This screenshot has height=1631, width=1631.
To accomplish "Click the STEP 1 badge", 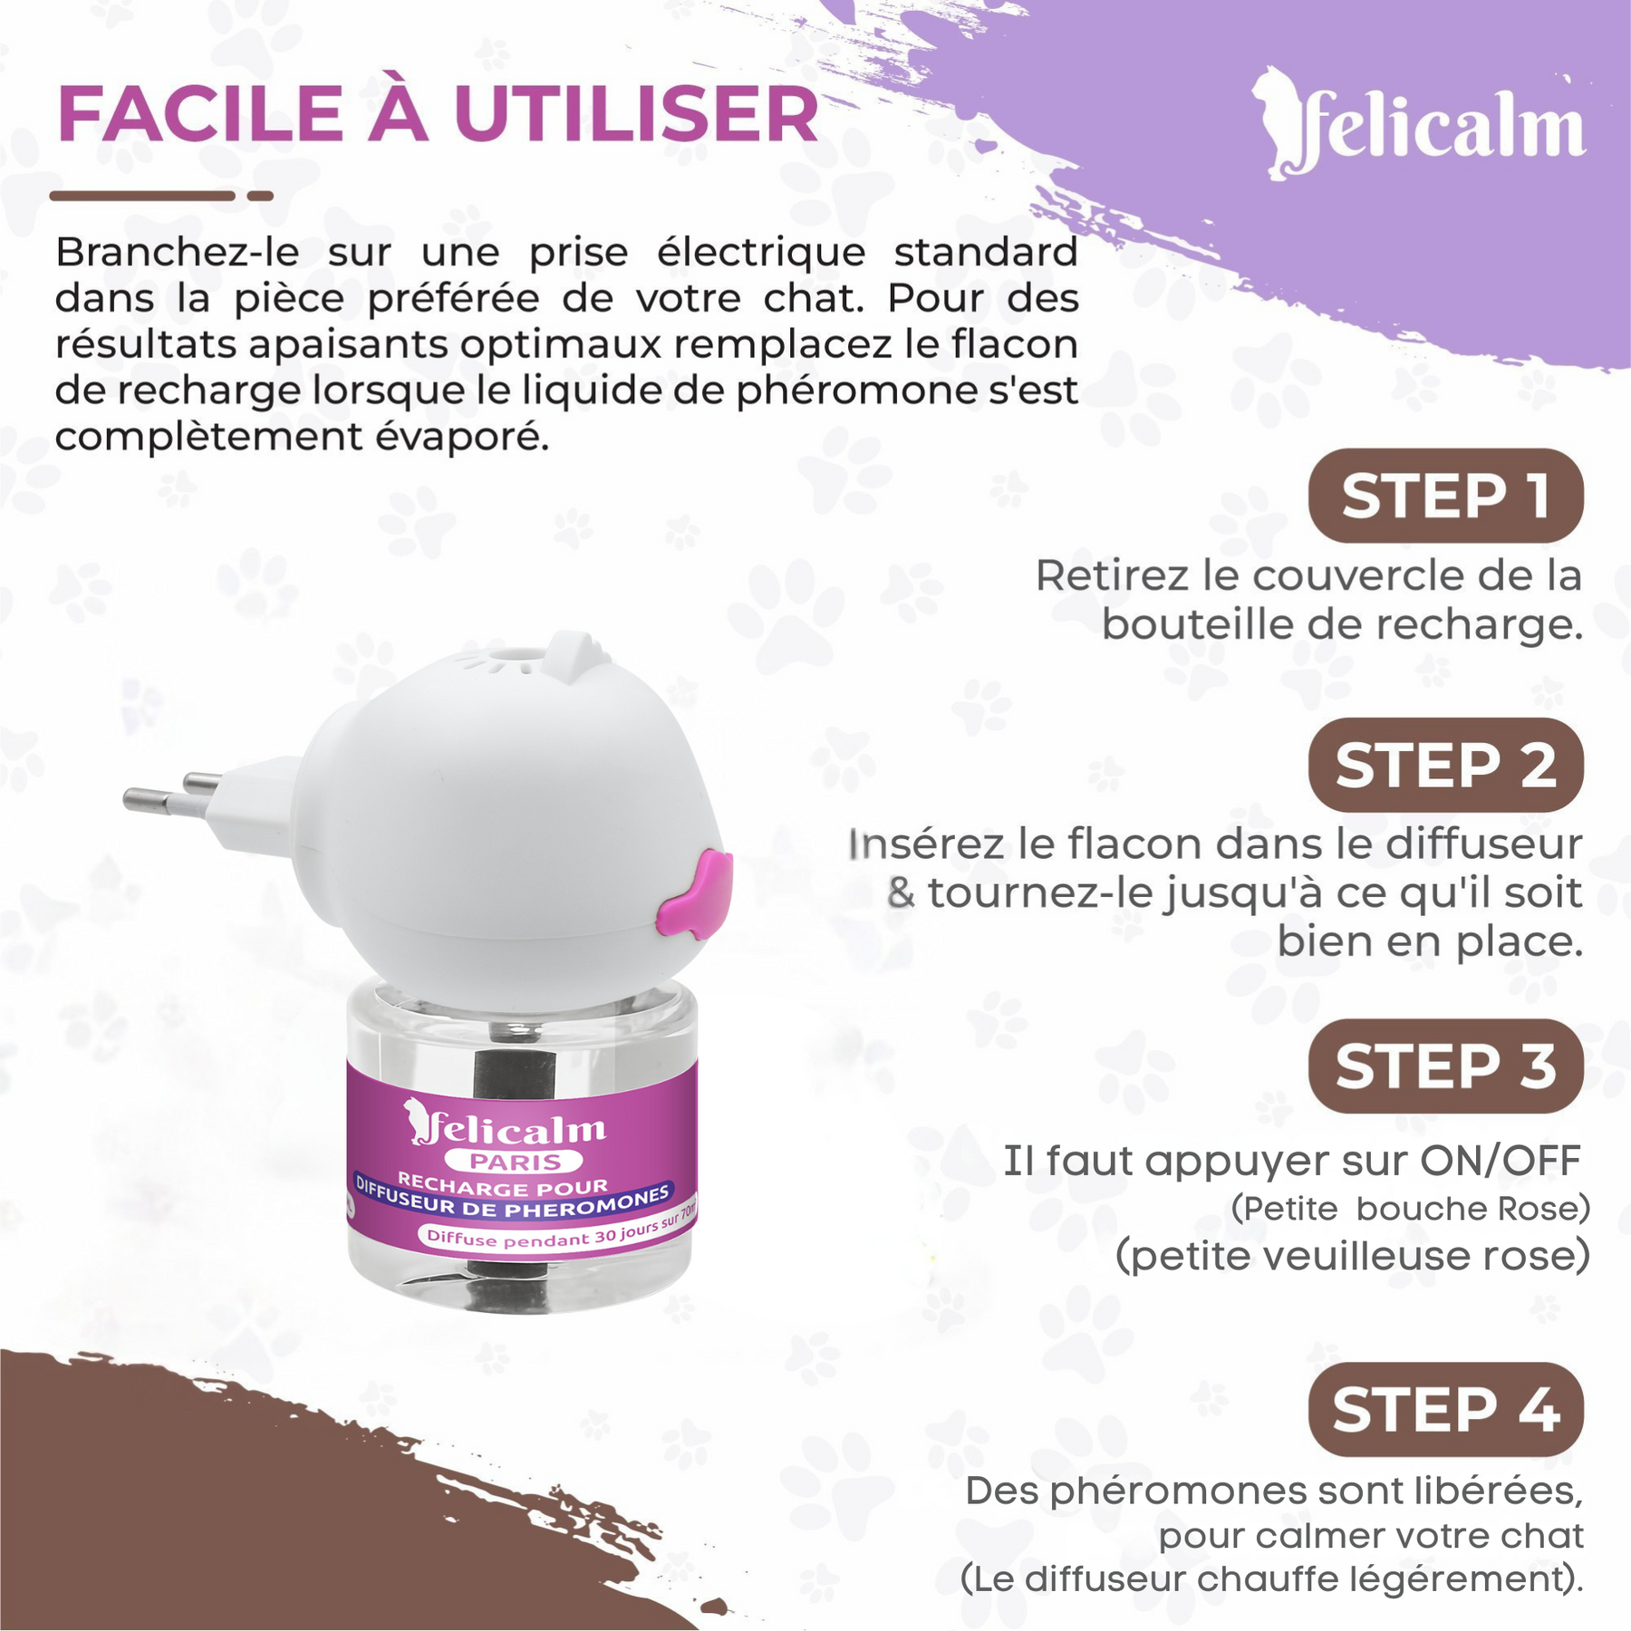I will pyautogui.click(x=1445, y=496).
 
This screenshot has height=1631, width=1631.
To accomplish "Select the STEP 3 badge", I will pyautogui.click(x=1445, y=1066).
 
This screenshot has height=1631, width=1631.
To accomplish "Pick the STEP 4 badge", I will pyautogui.click(x=1445, y=1409).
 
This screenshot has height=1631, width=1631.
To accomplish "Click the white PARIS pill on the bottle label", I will pyautogui.click(x=514, y=1162).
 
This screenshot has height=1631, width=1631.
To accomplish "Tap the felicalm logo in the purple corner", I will pyautogui.click(x=1423, y=127).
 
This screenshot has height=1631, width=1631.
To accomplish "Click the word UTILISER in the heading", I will pyautogui.click(x=636, y=115).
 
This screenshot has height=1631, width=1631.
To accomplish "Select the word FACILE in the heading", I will pyautogui.click(x=200, y=115).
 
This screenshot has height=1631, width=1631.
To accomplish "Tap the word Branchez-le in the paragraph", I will pyautogui.click(x=177, y=252).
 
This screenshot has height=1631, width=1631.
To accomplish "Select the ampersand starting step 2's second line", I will pyautogui.click(x=901, y=893).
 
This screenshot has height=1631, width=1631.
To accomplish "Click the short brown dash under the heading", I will pyautogui.click(x=260, y=196).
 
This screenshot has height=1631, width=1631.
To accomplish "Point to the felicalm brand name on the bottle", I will pyautogui.click(x=516, y=1128).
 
